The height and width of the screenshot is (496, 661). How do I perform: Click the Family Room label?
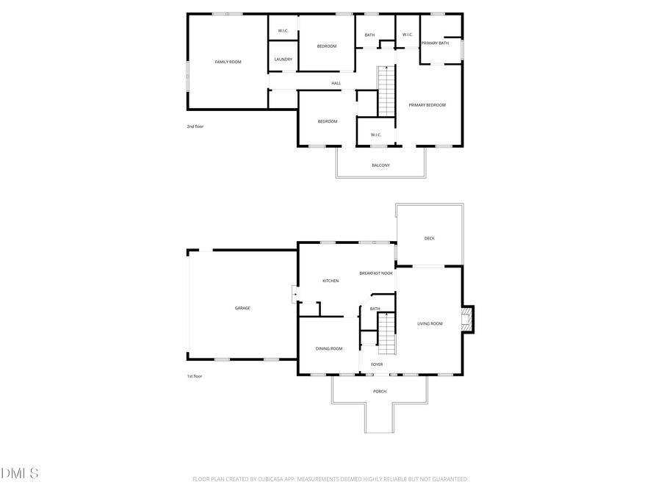click(x=228, y=62)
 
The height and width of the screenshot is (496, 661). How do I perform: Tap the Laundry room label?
click(x=283, y=60)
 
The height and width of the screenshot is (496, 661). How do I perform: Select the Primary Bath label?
click(x=434, y=43)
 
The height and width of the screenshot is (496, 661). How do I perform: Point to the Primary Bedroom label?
click(x=427, y=105)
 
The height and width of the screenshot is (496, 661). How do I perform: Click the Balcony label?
click(x=380, y=165)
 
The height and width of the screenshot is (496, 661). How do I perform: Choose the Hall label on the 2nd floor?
click(x=336, y=83)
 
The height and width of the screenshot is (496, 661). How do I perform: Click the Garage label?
click(x=242, y=308)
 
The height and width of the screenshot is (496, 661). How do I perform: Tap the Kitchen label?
click(x=330, y=281)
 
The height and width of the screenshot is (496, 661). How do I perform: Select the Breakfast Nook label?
click(x=376, y=273)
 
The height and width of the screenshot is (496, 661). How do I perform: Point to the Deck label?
click(x=430, y=238)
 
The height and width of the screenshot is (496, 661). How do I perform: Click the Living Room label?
click(x=430, y=323)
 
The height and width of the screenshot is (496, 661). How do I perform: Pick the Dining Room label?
click(x=329, y=348)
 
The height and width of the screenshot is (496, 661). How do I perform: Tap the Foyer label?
click(x=377, y=364)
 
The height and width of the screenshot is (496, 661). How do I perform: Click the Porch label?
click(x=380, y=391)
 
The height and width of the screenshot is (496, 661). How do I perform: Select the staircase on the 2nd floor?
click(x=386, y=90)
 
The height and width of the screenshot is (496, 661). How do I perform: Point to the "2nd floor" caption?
click(x=195, y=126)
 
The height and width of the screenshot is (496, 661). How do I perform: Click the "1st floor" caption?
click(x=194, y=376)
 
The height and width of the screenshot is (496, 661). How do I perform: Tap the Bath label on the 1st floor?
click(x=375, y=309)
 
